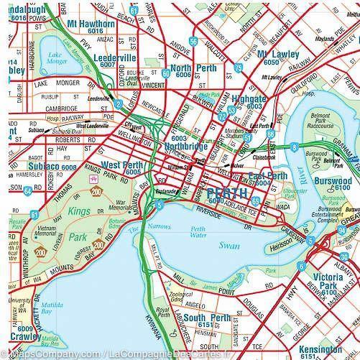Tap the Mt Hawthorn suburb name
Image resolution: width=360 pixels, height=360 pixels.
pyautogui.click(x=91, y=24)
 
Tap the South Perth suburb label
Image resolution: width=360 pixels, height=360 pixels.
pyautogui.click(x=206, y=318)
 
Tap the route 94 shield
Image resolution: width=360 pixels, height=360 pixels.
pyautogui.click(x=27, y=191)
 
